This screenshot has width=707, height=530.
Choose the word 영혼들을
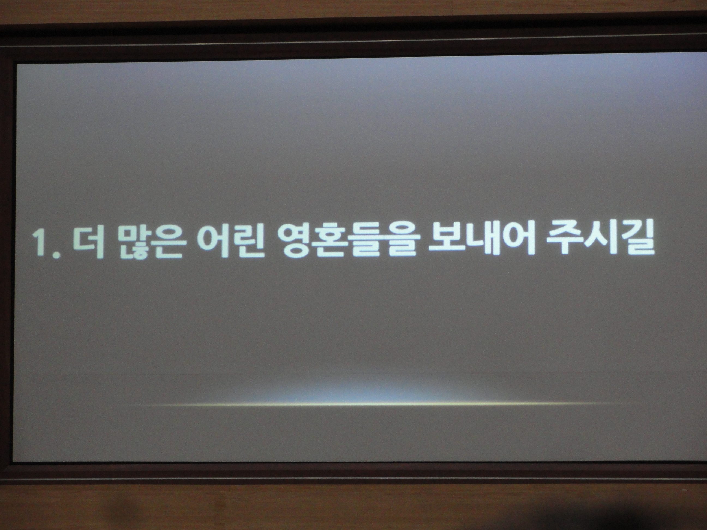[x=344, y=242]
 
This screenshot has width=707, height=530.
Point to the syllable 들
[x=361, y=242]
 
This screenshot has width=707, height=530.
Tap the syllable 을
[x=395, y=242]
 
